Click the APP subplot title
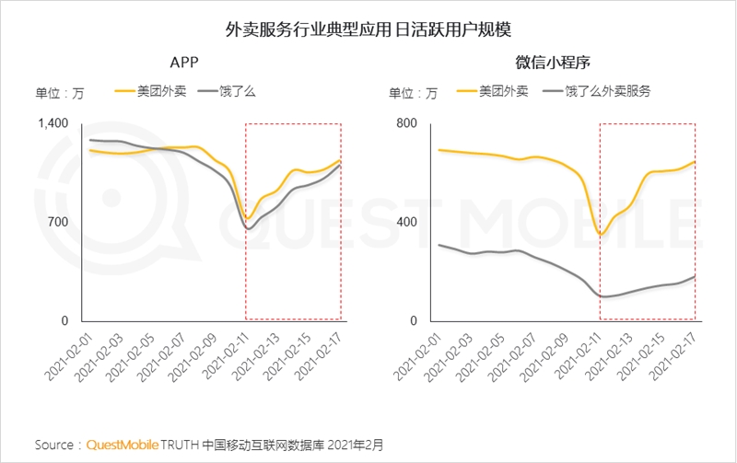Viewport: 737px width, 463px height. click(x=184, y=63)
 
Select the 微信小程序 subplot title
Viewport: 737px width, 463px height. click(x=552, y=63)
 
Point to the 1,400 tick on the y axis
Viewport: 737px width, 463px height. click(x=53, y=124)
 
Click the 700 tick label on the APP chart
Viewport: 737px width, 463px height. click(x=58, y=222)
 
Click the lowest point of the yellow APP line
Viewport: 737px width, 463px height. click(x=247, y=218)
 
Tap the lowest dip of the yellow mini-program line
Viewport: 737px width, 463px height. click(x=601, y=234)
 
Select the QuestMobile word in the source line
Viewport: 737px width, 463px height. click(x=123, y=445)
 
